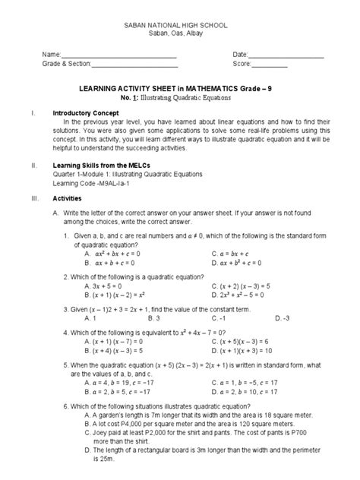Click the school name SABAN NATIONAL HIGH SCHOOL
(180, 26)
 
